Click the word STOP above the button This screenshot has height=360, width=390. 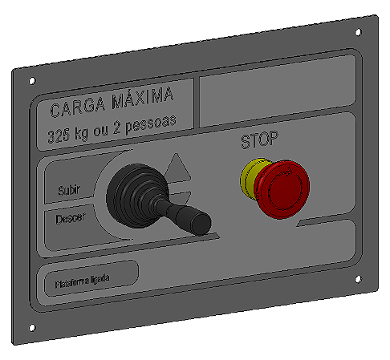pyautogui.click(x=260, y=141)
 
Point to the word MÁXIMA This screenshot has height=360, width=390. pyautogui.click(x=144, y=99)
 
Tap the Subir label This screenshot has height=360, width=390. pyautogui.click(x=70, y=192)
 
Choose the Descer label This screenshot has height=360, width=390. pyautogui.click(x=71, y=217)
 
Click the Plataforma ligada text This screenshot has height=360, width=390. pyautogui.click(x=82, y=281)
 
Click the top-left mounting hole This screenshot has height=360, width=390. pyautogui.click(x=31, y=81)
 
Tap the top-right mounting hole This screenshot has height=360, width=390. pyautogui.click(x=357, y=34)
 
